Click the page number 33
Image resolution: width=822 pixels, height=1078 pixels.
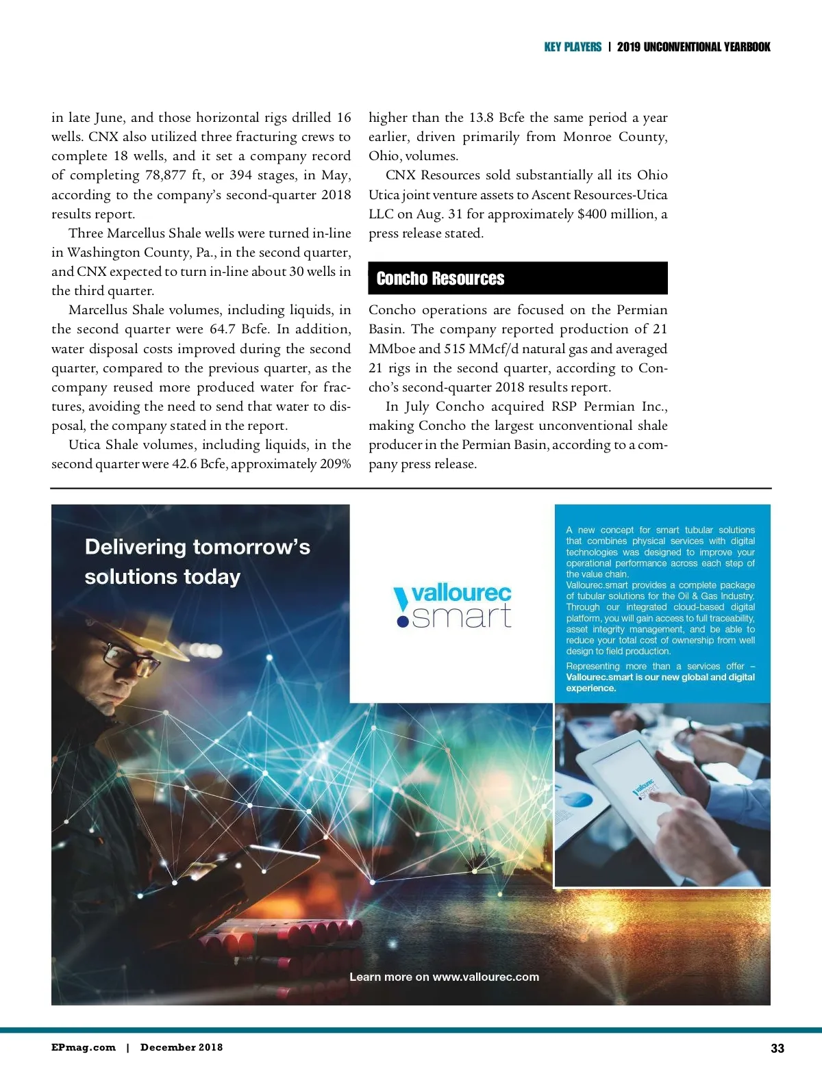coord(777,1048)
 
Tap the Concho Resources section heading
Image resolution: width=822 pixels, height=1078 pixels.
coord(440,279)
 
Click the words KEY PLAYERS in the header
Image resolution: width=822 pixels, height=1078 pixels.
coord(573,47)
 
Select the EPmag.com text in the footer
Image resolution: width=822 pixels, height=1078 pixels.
coord(83,1047)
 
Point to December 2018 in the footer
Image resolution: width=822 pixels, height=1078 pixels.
coord(182,1047)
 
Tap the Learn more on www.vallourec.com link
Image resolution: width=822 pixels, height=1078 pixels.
coord(444,977)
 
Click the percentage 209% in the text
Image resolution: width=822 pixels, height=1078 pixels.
coord(335,464)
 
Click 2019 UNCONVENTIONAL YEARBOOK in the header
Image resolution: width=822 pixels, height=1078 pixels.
coord(693,47)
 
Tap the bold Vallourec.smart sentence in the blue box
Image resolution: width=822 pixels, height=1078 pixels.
coord(660,682)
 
